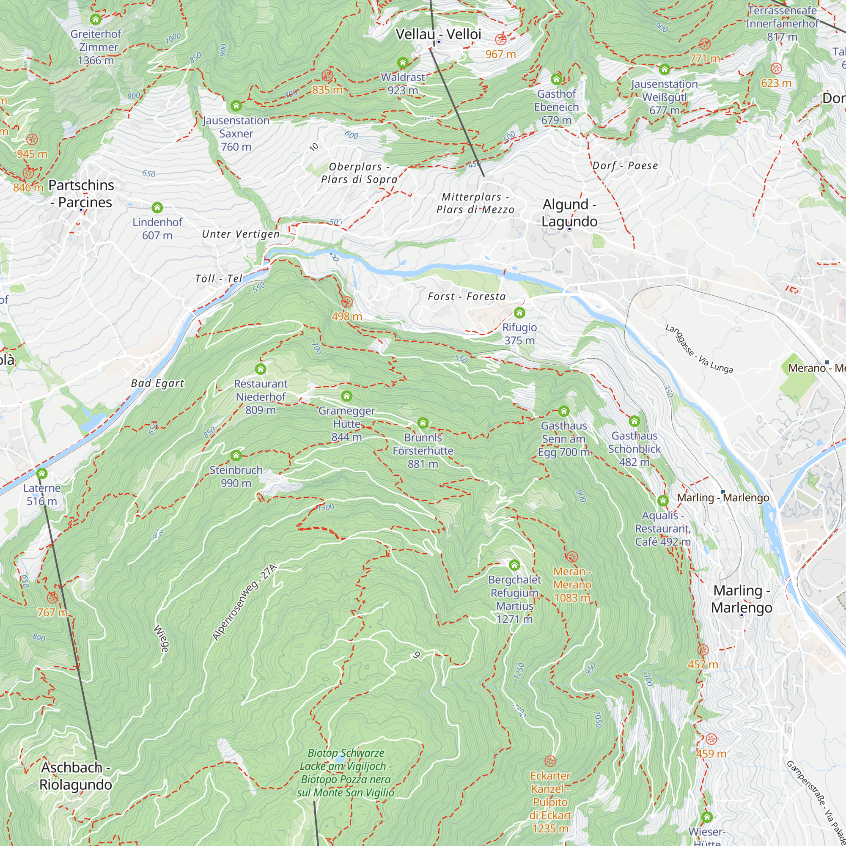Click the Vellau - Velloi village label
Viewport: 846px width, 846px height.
pos(438,34)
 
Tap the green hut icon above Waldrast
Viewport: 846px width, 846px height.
pos(402,63)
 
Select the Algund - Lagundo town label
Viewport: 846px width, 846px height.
pos(569,213)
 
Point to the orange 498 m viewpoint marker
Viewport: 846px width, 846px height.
pos(347,302)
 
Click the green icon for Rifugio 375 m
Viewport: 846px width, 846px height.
pos(519,313)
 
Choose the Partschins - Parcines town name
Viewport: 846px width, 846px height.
pos(81,194)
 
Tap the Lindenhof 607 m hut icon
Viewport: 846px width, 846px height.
pos(157,208)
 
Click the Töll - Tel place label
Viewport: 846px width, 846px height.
pos(219,278)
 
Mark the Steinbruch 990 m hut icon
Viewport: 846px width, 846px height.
pos(236,456)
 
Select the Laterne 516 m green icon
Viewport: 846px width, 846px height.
pos(41,473)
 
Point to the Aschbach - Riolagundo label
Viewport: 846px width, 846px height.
pos(76,776)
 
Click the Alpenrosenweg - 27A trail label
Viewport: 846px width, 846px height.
pos(244,602)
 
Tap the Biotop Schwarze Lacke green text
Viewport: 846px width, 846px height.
pos(346,773)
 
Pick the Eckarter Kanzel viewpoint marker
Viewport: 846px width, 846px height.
pos(550,761)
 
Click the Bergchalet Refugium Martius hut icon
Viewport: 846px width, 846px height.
pos(514,565)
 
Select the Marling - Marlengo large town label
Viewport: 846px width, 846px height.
pos(742,599)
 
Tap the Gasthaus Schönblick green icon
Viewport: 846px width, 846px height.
pos(634,421)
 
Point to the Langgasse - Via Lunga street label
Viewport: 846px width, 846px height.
pos(698,349)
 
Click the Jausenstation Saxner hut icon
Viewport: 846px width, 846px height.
pos(236,106)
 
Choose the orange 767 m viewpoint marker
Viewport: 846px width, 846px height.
pos(52,598)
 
